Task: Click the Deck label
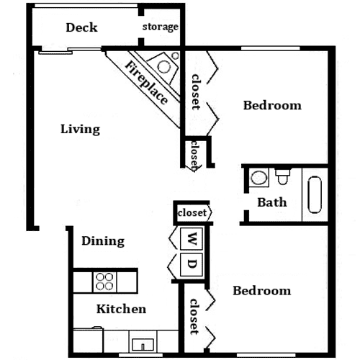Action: [x=81, y=27]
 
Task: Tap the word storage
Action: [x=161, y=27]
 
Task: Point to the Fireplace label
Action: [x=146, y=83]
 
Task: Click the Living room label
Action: [x=80, y=129]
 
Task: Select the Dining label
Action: [x=103, y=241]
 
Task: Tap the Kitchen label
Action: [x=121, y=309]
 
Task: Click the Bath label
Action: [x=272, y=202]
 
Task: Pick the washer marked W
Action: [x=192, y=238]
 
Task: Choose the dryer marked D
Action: [x=192, y=264]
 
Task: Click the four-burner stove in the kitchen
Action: [x=104, y=282]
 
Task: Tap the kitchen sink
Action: [x=143, y=345]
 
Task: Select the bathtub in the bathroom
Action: [x=315, y=195]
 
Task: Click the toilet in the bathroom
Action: [x=283, y=176]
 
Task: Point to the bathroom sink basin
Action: [x=258, y=178]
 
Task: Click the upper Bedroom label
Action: [x=272, y=105]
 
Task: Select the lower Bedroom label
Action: [x=262, y=291]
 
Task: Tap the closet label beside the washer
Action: [x=192, y=212]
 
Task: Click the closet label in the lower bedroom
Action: [x=194, y=317]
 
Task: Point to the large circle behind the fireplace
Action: [x=164, y=66]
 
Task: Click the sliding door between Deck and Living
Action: [x=70, y=51]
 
